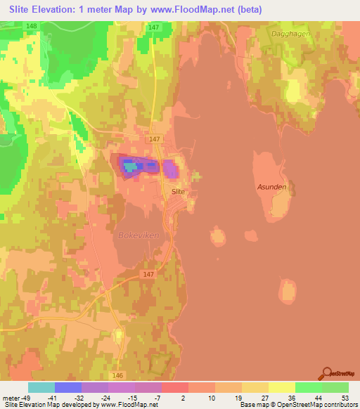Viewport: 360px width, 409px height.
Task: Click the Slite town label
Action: [x=179, y=190]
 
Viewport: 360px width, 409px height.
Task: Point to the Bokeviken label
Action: [x=139, y=234]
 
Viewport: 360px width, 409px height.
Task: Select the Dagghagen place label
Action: [x=289, y=33]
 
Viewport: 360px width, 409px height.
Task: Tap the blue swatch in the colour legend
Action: [x=68, y=387]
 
